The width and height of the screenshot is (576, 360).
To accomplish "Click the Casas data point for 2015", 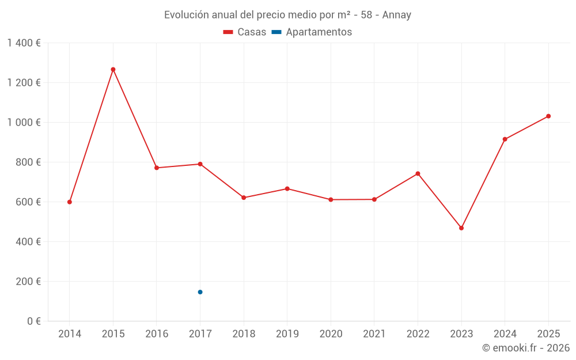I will [x=113, y=69].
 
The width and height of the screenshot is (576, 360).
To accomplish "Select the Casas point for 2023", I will [x=461, y=228].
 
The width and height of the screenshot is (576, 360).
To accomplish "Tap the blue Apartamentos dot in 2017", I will [x=200, y=292].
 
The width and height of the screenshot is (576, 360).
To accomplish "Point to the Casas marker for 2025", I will [x=548, y=116].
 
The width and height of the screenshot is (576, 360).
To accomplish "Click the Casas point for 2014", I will [x=70, y=202].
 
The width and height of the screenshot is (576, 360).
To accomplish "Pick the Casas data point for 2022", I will [x=418, y=173].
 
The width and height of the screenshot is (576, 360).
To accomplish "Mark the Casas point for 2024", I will [x=505, y=139].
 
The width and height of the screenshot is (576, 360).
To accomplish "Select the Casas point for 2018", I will [x=244, y=198].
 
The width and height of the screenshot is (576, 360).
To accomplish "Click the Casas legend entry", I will [x=245, y=32].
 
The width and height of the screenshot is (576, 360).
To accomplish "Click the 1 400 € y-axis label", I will [x=24, y=43].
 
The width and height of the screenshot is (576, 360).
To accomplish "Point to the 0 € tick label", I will [x=32, y=321].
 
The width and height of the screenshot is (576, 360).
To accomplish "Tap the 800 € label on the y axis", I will [x=28, y=162].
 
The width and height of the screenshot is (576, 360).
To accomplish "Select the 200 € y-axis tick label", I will [x=28, y=282].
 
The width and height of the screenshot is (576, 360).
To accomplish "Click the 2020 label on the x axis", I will [x=331, y=334].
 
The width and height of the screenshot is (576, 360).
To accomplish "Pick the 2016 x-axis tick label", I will [x=157, y=334].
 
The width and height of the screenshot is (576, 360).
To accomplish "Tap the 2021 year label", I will [x=374, y=334].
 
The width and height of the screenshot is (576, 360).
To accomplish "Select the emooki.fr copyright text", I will [x=526, y=348].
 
